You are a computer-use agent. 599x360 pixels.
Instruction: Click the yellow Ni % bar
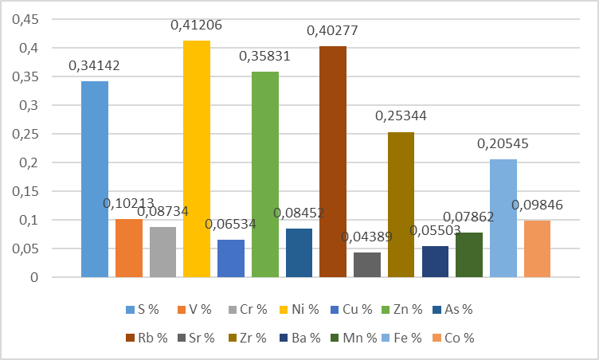click(197, 159)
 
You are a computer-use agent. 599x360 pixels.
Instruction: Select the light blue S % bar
click(95, 179)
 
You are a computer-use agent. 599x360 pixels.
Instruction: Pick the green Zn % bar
click(265, 174)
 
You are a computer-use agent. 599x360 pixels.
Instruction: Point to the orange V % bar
click(129, 248)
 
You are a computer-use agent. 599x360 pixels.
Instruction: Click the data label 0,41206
click(196, 25)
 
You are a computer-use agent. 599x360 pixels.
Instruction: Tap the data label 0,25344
click(401, 116)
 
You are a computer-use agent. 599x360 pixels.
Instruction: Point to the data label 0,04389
click(366, 237)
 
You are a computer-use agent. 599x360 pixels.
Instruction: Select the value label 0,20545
click(503, 144)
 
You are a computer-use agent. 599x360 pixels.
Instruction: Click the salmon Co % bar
click(537, 248)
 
